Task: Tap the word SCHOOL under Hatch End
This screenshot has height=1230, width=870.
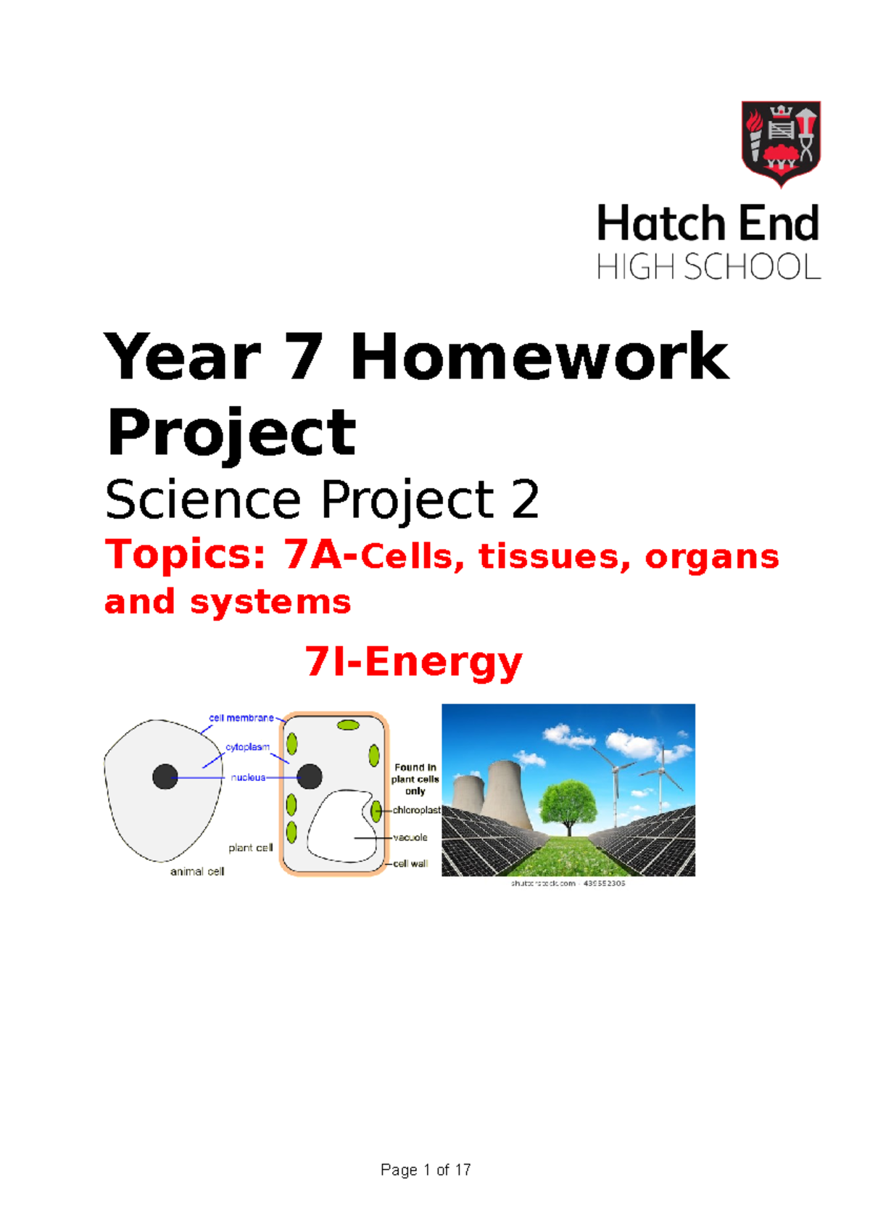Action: click(752, 268)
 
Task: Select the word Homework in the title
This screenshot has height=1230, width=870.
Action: click(539, 357)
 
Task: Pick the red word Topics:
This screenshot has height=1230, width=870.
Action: click(186, 555)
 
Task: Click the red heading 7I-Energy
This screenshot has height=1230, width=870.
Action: click(413, 662)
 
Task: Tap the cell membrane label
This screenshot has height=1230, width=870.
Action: click(241, 718)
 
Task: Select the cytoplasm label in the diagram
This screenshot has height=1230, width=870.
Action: click(247, 747)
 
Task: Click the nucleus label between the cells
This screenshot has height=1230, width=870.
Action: click(248, 777)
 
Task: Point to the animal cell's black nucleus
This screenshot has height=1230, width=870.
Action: click(165, 777)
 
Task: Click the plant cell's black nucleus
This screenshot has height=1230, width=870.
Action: click(310, 776)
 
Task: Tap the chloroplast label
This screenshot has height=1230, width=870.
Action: click(416, 810)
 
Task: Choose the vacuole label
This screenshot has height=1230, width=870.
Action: click(410, 838)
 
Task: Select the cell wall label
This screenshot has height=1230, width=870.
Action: click(410, 864)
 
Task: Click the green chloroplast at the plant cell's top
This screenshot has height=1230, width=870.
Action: click(348, 725)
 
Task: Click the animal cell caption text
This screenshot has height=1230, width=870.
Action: click(197, 872)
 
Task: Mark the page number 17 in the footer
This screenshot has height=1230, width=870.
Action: click(463, 1170)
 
